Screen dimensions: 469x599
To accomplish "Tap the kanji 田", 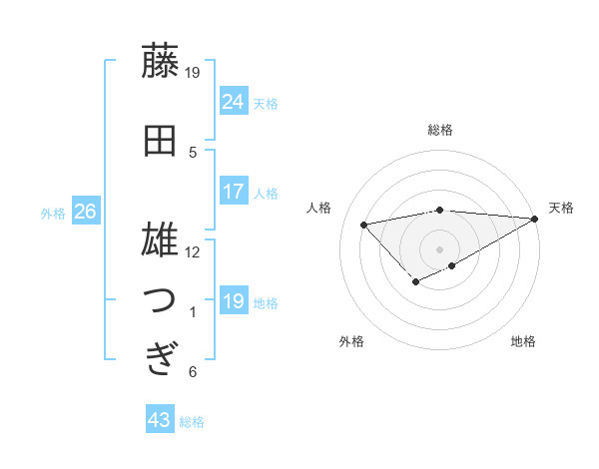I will [x=160, y=141].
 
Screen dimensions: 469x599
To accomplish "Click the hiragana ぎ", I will [x=160, y=358].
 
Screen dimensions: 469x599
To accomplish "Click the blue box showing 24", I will [x=234, y=101].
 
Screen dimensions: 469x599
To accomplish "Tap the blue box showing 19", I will [x=234, y=300].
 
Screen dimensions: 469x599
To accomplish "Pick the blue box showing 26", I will [x=85, y=212].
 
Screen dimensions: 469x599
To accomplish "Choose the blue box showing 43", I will [x=160, y=420].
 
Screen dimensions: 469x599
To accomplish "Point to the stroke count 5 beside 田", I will [x=193, y=152].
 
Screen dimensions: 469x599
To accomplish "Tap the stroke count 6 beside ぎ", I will [x=193, y=372].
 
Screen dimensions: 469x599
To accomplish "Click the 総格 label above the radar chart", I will [x=439, y=131].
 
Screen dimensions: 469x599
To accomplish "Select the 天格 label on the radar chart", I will [x=561, y=208].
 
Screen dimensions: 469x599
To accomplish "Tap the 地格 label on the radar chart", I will [x=523, y=342].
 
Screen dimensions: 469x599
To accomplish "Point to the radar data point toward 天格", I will [x=535, y=219].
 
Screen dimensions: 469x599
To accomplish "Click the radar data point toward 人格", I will [x=363, y=224].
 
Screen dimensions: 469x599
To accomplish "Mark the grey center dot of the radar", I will [x=439, y=249].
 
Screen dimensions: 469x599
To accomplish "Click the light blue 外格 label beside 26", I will [x=53, y=213].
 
